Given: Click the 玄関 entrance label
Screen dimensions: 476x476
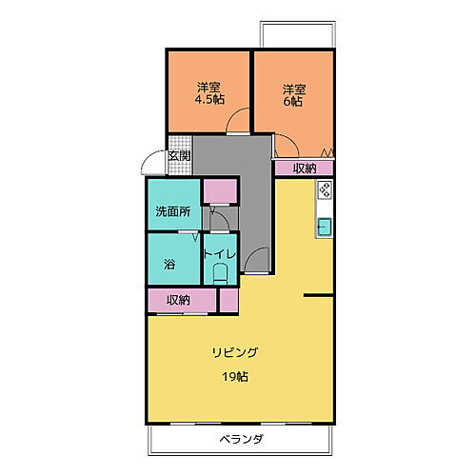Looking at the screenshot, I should point(179,156).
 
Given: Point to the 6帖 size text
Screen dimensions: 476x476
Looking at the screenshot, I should point(292,99).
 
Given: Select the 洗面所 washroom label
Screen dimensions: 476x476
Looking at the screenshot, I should point(174,212).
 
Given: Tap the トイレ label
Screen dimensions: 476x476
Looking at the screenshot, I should point(220,255).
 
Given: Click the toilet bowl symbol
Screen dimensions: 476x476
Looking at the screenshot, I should point(221,273).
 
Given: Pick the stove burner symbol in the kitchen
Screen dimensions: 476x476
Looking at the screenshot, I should point(325,189).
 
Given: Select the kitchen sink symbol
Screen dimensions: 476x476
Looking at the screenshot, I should point(325,228).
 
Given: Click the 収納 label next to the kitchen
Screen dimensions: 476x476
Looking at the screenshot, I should point(305,169).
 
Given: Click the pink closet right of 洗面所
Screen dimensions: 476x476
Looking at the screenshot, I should point(219,191).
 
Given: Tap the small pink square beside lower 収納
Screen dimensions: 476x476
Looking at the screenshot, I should point(228,300).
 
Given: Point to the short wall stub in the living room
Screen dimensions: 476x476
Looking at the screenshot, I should point(318,297).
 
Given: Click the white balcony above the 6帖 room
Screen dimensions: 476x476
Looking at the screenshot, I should point(296,34).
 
